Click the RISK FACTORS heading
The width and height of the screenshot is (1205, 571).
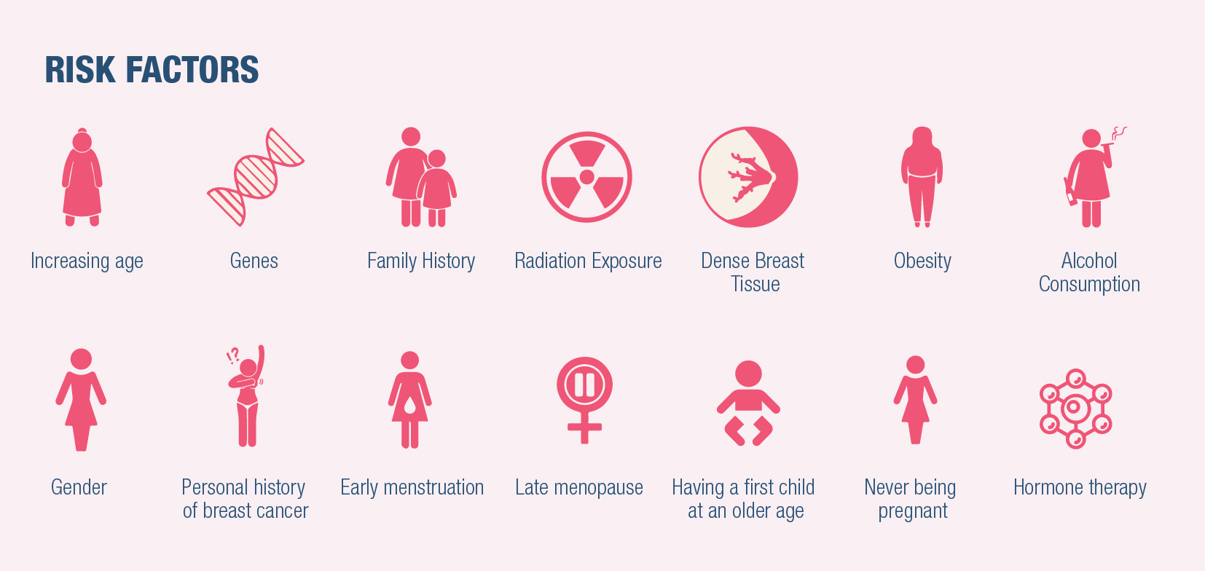152,70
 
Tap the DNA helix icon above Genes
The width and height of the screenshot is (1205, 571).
256,177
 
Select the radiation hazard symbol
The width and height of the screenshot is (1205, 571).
586,177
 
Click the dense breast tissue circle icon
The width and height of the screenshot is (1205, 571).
748,177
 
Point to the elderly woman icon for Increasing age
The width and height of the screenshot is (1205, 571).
82,177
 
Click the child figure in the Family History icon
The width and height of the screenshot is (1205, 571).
436,188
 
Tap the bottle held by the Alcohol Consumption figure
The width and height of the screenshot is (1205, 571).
1070,192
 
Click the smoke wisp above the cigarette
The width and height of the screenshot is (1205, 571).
1119,133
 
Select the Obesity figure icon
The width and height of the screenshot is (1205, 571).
922,177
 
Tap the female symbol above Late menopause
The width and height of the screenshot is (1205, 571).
584,400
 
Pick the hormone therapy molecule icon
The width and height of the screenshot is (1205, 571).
1076,409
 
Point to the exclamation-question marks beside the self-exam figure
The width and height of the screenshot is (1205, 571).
232,355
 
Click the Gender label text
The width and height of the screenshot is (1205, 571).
79,487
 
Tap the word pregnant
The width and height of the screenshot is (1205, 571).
913,511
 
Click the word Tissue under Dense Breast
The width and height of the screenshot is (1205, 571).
755,284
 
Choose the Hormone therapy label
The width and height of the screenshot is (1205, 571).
1080,488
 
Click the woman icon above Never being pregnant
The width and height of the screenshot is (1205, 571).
915,400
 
